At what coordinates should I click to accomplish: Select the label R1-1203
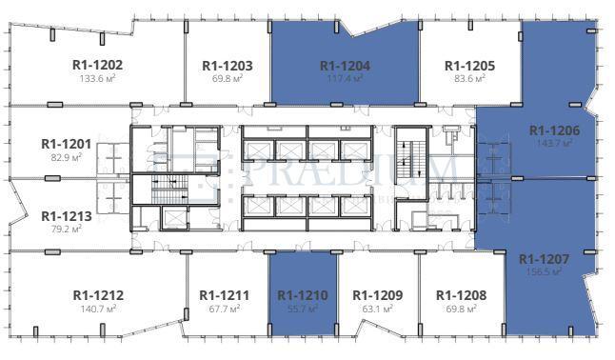point(228,66)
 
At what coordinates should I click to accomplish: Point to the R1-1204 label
point(345,66)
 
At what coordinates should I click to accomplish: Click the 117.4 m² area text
point(345,79)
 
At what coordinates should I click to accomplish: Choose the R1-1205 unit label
point(470,66)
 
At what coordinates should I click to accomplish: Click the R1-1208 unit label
point(461,295)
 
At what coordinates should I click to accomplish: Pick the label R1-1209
point(378,295)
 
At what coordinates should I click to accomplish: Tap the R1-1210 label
point(303,295)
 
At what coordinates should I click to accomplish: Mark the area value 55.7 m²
point(303,309)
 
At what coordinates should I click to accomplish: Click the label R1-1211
point(225,295)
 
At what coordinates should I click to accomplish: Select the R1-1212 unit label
point(98,295)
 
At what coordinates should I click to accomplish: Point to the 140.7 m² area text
point(98,309)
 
